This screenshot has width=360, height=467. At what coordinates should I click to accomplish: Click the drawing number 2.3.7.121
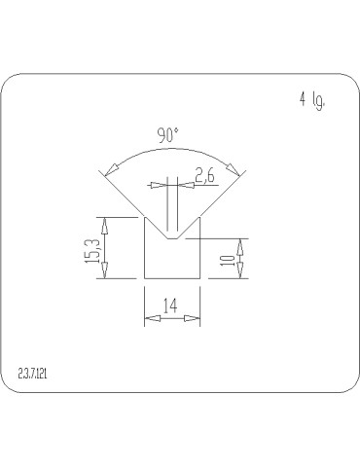[x=38, y=373]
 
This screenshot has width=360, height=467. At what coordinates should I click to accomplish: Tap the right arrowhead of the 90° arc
[x=231, y=167]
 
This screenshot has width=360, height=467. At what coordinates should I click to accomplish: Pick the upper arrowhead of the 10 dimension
[x=241, y=245]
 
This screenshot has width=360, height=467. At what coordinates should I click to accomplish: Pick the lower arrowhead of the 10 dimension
[x=241, y=272]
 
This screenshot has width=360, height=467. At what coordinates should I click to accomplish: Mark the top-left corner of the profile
[x=145, y=217]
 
